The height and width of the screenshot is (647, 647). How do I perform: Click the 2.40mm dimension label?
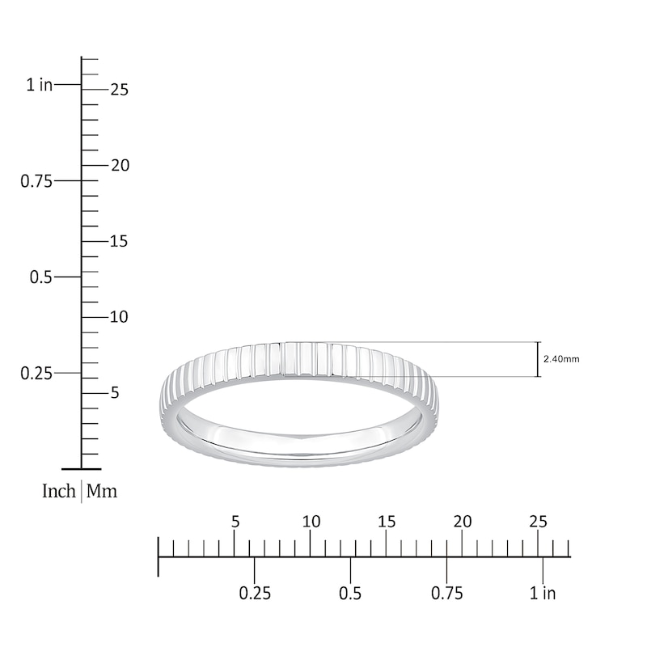point(561,359)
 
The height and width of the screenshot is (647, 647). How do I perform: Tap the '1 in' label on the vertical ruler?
point(40,85)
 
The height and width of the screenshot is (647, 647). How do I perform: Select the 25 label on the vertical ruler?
point(120,90)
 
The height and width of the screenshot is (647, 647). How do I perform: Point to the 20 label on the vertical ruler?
point(120,166)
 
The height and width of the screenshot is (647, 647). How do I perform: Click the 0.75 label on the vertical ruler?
point(36,181)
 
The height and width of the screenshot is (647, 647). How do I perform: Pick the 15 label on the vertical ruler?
point(119,241)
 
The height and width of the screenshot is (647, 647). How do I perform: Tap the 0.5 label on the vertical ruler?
point(41,277)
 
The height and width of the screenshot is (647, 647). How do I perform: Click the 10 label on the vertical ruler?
point(119,317)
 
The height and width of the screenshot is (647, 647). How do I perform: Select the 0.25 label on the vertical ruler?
point(36,374)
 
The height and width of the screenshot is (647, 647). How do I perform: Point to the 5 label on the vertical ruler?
point(115,393)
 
